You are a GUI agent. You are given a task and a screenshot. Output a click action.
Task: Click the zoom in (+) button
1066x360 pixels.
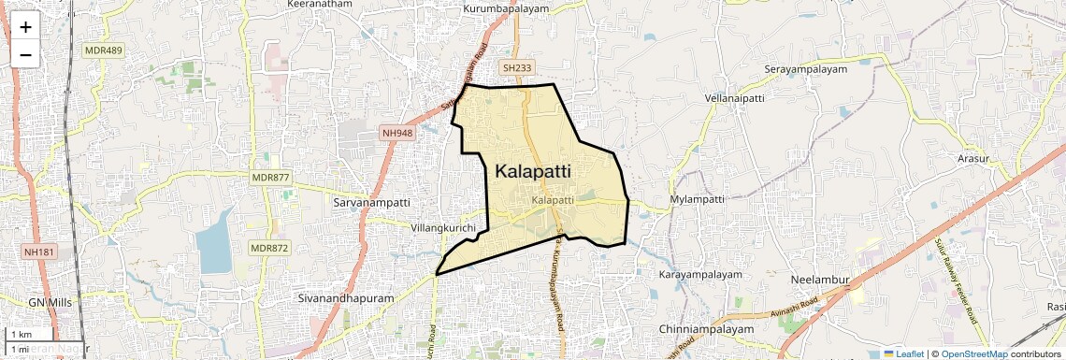pos(25,27)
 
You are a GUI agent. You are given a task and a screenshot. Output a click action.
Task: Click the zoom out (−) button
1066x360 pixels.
pos(25,54)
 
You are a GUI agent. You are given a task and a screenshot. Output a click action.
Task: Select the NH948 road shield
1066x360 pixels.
pos(397,134)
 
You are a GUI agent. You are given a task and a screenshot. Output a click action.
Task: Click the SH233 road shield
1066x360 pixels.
pos(516,68)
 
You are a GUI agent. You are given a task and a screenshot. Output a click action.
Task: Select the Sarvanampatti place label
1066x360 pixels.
pos(371,202)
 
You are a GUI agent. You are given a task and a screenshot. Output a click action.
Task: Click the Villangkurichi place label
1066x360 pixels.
pos(443,228)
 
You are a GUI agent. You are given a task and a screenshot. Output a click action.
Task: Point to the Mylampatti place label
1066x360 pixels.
pos(698,200)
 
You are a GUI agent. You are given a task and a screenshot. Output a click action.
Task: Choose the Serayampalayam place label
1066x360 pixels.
pos(805,69)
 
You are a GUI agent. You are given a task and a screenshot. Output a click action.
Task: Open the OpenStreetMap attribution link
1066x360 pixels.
pos(973,354)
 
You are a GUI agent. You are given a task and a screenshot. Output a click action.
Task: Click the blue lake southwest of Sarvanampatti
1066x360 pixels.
pos(215,241)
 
